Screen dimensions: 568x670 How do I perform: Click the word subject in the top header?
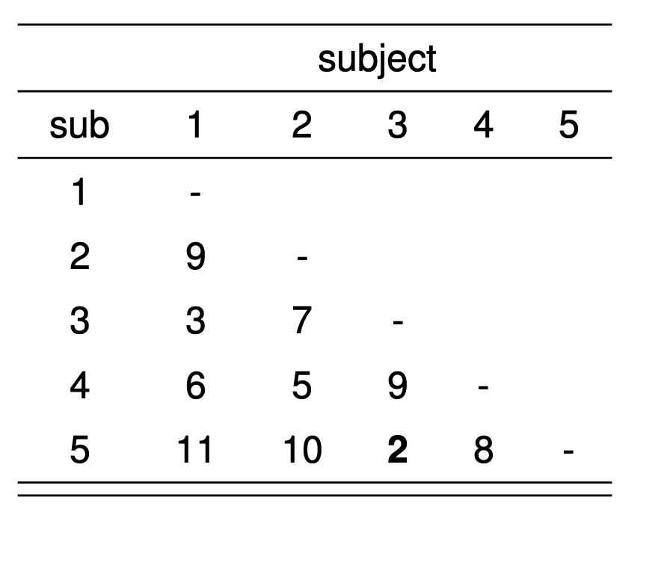pos(377,60)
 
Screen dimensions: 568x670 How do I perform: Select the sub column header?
pos(79,126)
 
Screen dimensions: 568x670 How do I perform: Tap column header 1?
pos(195,126)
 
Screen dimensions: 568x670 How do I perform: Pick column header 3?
pos(398,126)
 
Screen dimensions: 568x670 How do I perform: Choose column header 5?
pos(569,126)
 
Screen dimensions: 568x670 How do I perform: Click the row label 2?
pos(79,258)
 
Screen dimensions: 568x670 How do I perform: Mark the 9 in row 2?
pos(195,258)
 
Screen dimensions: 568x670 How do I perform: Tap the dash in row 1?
pos(195,194)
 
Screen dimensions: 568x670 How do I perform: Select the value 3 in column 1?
pos(195,324)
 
